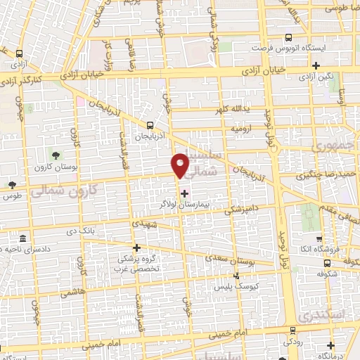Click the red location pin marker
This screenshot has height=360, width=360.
pos(181,165)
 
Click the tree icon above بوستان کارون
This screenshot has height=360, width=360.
pos(55,155)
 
